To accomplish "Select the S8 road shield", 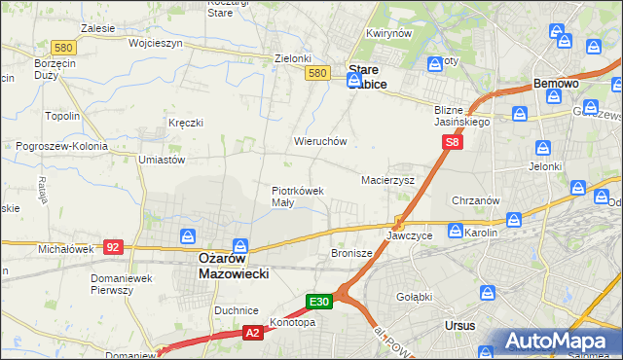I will (452, 142).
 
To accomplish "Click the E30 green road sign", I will (321, 302).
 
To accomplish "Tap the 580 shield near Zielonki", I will (315, 73).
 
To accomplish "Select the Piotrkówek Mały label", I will (297, 197).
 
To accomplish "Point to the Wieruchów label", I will (320, 141).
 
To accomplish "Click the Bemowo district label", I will (557, 85).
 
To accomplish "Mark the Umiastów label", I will (163, 159).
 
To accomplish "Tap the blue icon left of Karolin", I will (455, 231).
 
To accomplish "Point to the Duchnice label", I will (236, 309).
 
